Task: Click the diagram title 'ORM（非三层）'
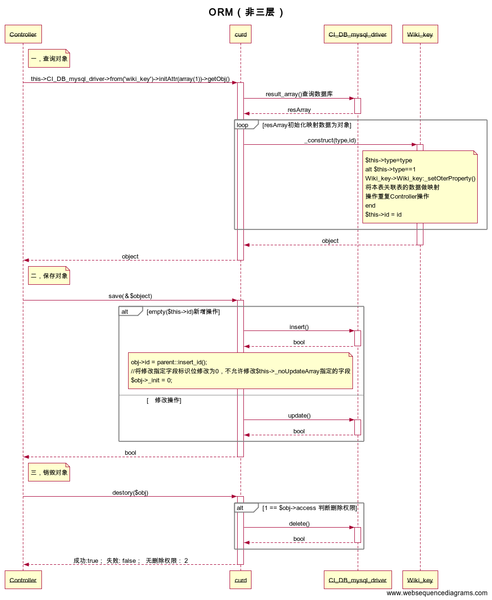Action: (x=246, y=12)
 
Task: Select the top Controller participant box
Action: (x=23, y=34)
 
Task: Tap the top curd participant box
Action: (x=241, y=34)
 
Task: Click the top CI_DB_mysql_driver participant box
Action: (x=358, y=34)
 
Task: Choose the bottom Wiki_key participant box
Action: (x=420, y=580)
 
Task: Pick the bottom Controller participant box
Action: (x=23, y=580)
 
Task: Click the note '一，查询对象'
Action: (x=49, y=59)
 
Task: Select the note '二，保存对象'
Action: (x=49, y=276)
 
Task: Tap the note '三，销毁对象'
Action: (x=49, y=472)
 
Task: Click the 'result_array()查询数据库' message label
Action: (x=299, y=94)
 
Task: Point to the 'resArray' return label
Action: (x=299, y=110)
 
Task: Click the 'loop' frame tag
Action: (x=243, y=125)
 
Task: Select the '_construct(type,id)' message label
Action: (x=330, y=140)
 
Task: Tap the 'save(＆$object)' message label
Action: (x=130, y=296)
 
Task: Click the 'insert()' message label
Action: (x=299, y=327)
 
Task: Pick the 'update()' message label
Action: (x=299, y=416)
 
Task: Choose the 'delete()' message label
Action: (x=299, y=524)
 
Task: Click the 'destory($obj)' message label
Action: (x=130, y=493)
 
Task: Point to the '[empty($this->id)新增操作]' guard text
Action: (x=183, y=312)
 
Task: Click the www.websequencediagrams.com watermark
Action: (x=437, y=593)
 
